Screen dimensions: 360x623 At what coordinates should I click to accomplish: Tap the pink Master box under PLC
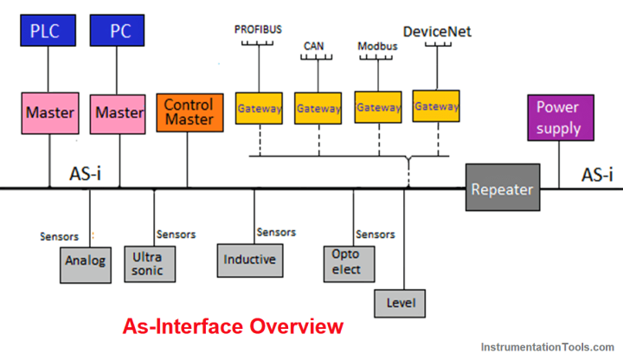pos(49,112)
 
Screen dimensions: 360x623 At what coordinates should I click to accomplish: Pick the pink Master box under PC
pos(119,112)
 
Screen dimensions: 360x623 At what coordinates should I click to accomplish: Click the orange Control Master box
pos(188,112)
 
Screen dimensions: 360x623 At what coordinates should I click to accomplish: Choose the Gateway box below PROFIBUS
pos(260,109)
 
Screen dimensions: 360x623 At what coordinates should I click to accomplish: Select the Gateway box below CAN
pos(318,109)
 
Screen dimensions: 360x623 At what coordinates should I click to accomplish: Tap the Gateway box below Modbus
pos(378,108)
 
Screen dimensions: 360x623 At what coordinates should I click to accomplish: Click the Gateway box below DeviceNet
pos(436,106)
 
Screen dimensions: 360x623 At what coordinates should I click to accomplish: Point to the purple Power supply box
pos(557,119)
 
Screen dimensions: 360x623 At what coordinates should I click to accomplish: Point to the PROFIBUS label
pos(259,29)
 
